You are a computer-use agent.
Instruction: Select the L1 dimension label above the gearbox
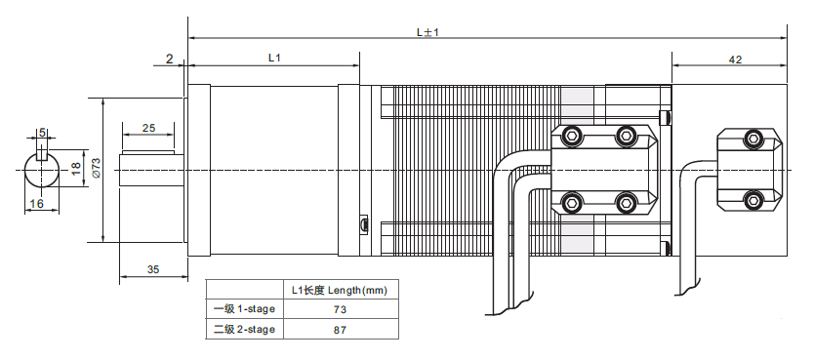(274, 59)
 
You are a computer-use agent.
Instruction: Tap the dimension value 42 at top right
(735, 60)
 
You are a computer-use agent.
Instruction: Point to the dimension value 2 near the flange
(169, 60)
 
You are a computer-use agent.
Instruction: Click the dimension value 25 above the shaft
(149, 128)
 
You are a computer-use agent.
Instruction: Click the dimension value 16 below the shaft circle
(37, 204)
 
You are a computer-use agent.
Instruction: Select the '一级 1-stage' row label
(244, 309)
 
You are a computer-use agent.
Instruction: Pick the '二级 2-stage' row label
(244, 330)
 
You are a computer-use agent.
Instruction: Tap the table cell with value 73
(339, 309)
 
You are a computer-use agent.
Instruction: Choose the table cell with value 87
(339, 330)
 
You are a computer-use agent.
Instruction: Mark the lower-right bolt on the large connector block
(625, 203)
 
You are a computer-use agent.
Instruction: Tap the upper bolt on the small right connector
(752, 139)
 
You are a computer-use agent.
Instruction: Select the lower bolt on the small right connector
(752, 201)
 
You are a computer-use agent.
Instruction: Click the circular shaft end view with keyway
(41, 170)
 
